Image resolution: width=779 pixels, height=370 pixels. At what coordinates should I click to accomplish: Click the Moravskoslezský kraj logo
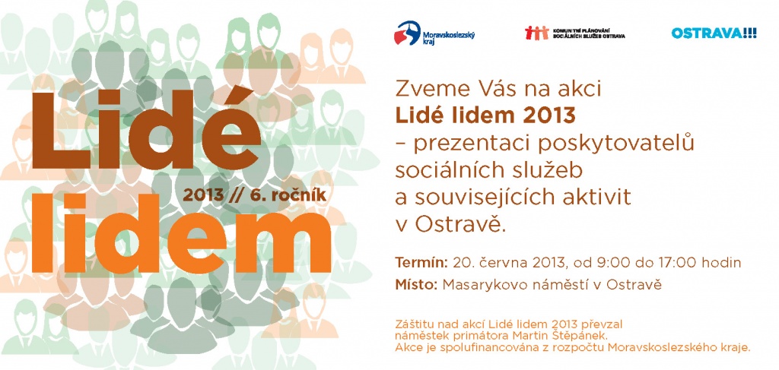[x=434, y=33]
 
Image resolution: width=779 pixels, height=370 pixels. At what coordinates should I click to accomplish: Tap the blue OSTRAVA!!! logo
[x=714, y=33]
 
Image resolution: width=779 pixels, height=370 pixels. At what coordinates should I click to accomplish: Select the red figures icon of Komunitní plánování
[x=536, y=33]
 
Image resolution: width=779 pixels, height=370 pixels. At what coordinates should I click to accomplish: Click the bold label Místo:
[x=416, y=285]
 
